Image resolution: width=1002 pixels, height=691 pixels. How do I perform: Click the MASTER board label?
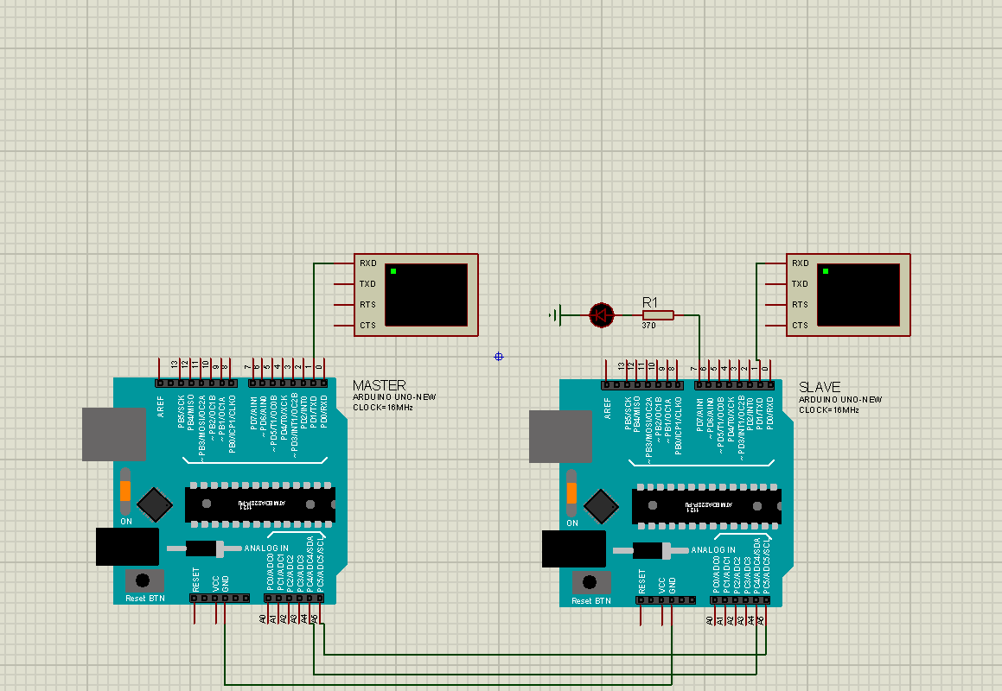tap(379, 385)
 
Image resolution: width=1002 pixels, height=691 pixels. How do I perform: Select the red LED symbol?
tap(602, 315)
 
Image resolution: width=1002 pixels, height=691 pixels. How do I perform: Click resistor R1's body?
tap(658, 315)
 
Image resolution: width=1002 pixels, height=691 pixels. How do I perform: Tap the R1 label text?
tap(650, 302)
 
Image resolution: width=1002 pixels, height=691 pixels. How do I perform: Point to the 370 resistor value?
tap(648, 326)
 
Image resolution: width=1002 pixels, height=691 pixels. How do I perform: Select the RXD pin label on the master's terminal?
tap(367, 263)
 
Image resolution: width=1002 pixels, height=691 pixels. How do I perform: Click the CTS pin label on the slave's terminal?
tap(800, 326)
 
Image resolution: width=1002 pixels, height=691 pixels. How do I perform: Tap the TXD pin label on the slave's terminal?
tap(800, 284)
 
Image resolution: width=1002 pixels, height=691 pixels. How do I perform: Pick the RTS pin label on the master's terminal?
tap(367, 305)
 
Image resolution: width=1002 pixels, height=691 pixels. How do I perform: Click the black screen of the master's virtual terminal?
tap(425, 295)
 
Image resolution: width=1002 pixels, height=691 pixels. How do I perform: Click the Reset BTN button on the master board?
tap(144, 580)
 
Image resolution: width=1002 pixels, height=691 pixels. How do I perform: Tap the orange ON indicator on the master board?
tap(125, 491)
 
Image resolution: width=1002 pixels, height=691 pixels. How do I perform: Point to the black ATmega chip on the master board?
tap(259, 504)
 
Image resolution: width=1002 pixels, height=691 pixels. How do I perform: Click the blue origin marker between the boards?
tap(499, 357)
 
